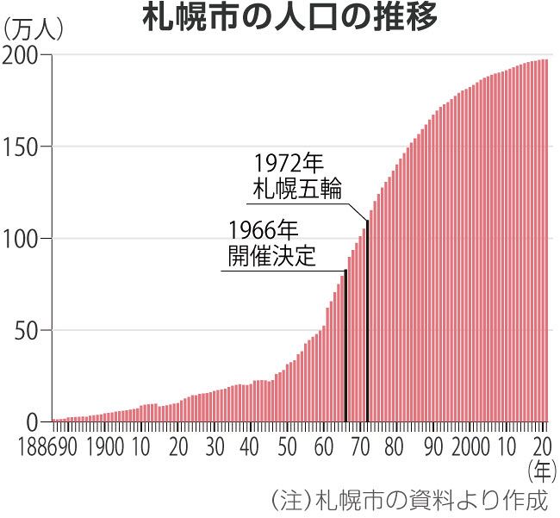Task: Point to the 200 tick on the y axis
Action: pos(24,55)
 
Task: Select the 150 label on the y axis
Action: pos(24,147)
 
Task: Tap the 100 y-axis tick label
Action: pos(24,239)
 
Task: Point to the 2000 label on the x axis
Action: pos(470,447)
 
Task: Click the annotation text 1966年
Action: pos(263,230)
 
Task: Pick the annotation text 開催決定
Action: pos(271,256)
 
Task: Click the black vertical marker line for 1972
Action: pos(368,328)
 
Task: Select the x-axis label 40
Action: pos(251,447)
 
